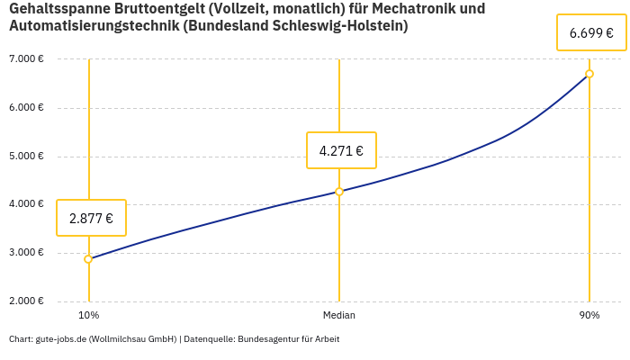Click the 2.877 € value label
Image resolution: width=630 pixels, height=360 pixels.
pyautogui.click(x=91, y=218)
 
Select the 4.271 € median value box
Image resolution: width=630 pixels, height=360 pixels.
pyautogui.click(x=341, y=150)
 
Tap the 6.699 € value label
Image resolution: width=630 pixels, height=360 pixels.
pyautogui.click(x=591, y=33)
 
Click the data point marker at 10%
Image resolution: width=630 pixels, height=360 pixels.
pyautogui.click(x=88, y=259)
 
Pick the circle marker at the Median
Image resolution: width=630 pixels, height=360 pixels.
pyautogui.click(x=339, y=192)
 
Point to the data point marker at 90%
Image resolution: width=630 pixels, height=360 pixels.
pyautogui.click(x=589, y=74)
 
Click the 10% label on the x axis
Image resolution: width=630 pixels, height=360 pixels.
pyautogui.click(x=88, y=315)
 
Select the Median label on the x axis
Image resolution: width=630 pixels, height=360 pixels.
pyautogui.click(x=339, y=315)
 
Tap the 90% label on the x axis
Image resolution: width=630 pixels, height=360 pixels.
pyautogui.click(x=589, y=315)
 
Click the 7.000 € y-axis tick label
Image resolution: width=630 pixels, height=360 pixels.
pyautogui.click(x=26, y=59)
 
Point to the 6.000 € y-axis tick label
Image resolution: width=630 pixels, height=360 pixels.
pyautogui.click(x=26, y=108)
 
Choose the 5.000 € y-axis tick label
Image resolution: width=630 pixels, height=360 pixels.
pyautogui.click(x=26, y=156)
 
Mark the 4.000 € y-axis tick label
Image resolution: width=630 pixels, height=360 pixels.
pyautogui.click(x=26, y=204)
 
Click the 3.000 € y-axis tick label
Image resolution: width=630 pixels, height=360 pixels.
pyautogui.click(x=26, y=253)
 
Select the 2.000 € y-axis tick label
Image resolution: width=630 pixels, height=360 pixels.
pyautogui.click(x=26, y=301)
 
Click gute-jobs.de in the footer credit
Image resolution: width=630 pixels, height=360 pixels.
pyautogui.click(x=60, y=339)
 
